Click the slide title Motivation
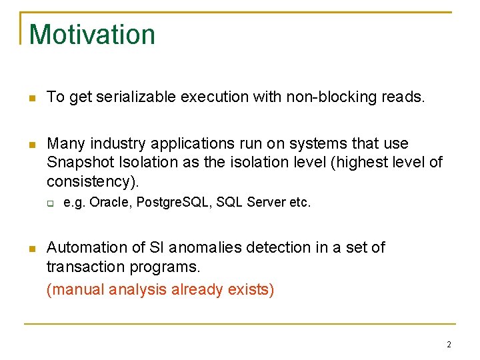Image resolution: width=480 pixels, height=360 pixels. click(92, 35)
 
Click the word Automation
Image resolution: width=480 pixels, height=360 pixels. click(84, 248)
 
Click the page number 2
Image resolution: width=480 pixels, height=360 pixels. click(449, 345)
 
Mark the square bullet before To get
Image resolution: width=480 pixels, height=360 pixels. click(31, 98)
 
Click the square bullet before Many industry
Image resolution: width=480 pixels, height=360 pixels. click(31, 145)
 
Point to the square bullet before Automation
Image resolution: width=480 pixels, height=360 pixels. click(31, 249)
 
